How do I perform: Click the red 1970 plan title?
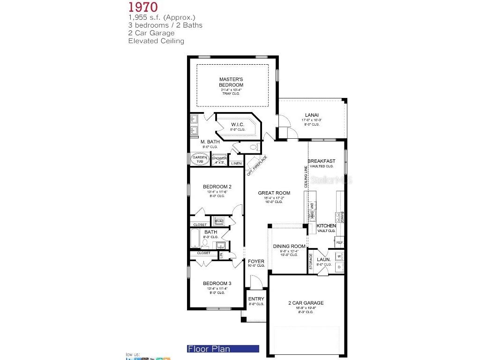(x=143, y=7)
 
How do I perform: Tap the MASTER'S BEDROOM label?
(x=231, y=82)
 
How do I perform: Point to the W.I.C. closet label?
(x=238, y=124)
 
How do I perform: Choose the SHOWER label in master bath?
(x=219, y=158)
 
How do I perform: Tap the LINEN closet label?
(x=236, y=163)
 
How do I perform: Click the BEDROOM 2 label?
(x=217, y=187)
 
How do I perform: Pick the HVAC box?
(x=219, y=221)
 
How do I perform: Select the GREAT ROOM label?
(x=274, y=193)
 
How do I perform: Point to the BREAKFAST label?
(x=322, y=161)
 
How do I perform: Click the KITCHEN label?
(x=326, y=225)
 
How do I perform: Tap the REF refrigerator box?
(x=339, y=242)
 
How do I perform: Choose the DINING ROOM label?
(x=289, y=246)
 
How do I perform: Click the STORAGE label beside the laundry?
(x=311, y=262)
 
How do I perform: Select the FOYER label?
(x=256, y=261)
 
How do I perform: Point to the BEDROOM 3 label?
(x=217, y=283)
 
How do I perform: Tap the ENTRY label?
(x=256, y=299)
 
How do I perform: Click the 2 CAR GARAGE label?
(x=306, y=303)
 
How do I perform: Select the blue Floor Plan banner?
(x=223, y=349)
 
